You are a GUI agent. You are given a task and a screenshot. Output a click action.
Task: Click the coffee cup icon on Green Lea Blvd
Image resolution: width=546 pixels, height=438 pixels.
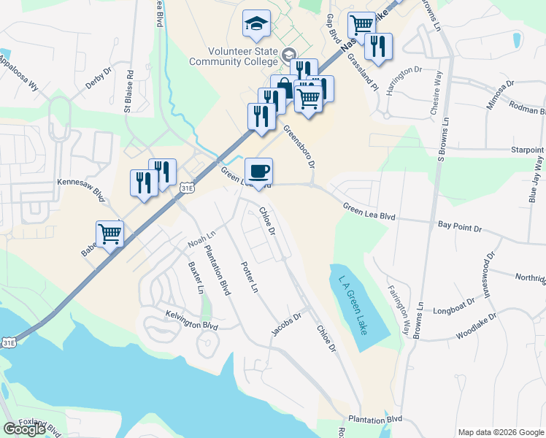[258, 172]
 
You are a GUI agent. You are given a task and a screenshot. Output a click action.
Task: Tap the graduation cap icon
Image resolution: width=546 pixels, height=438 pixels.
[256, 25]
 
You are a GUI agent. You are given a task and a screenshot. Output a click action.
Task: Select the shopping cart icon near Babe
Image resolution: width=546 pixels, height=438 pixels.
[109, 235]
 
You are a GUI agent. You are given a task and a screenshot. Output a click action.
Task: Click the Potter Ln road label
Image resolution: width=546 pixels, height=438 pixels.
[249, 277]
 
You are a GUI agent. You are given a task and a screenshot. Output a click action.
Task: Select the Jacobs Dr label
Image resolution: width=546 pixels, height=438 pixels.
[287, 323]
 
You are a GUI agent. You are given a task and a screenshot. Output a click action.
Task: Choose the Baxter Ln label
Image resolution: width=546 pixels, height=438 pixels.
[196, 277]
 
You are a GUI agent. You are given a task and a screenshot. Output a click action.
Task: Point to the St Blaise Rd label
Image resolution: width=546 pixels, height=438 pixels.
[128, 91]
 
